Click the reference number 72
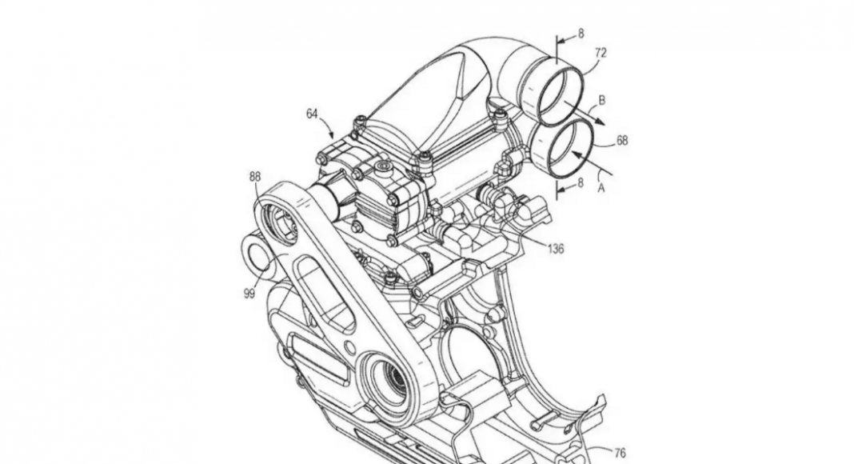(601, 53)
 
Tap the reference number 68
(622, 140)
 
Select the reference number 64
(312, 114)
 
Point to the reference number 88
(255, 177)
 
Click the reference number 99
(249, 294)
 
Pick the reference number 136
(556, 249)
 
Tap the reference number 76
(620, 453)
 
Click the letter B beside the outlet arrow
(602, 100)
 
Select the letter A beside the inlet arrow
(601, 189)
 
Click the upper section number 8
(581, 34)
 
